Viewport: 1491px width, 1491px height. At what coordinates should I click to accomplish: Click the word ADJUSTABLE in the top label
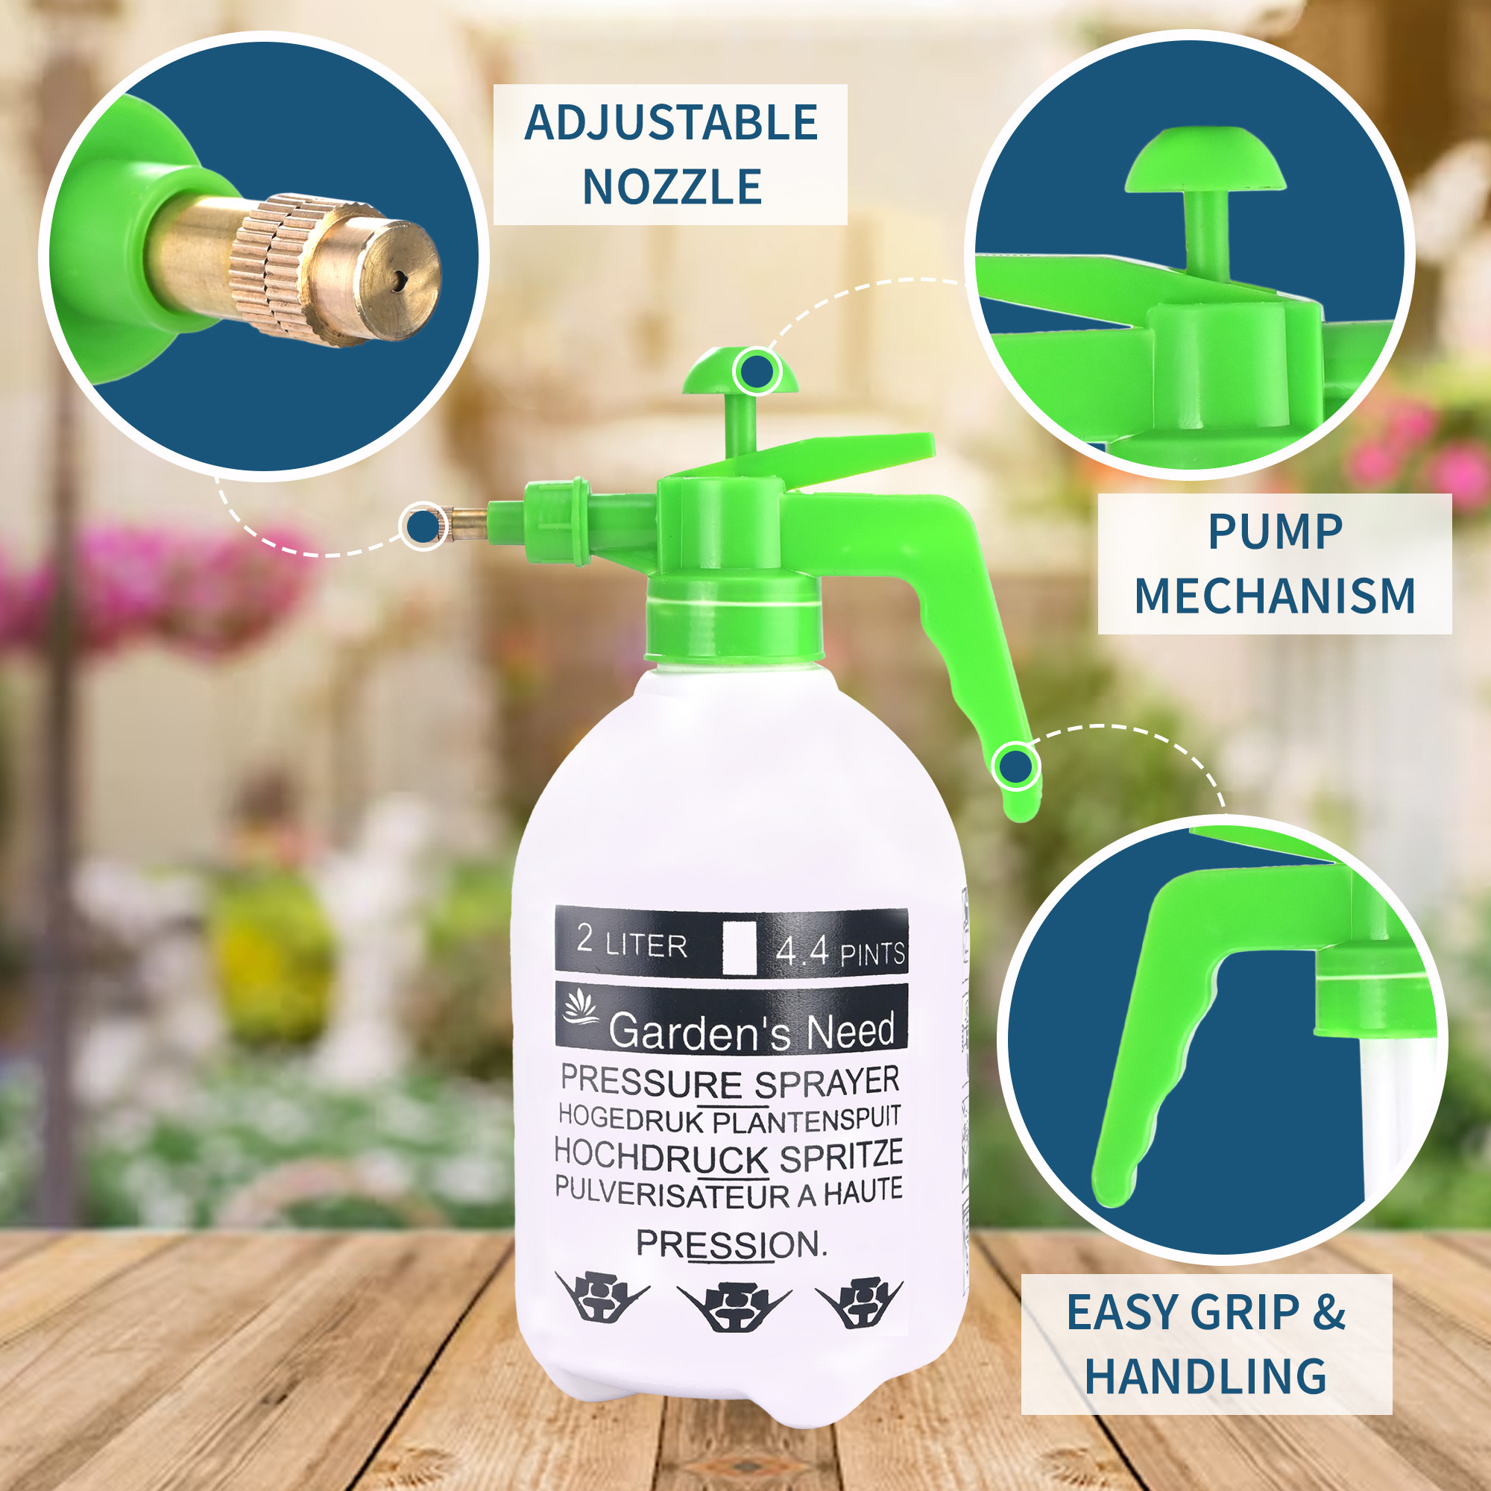(x=671, y=123)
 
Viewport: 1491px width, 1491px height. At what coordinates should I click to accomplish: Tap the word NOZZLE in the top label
(x=672, y=187)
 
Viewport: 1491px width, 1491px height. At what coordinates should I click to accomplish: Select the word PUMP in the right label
(x=1275, y=532)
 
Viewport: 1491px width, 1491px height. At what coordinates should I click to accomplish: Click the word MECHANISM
(x=1274, y=596)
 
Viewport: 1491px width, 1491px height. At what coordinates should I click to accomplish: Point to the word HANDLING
(x=1205, y=1376)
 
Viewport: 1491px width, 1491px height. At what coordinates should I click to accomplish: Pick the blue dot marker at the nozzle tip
(x=422, y=526)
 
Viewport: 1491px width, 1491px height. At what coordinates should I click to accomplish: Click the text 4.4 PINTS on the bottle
(x=839, y=951)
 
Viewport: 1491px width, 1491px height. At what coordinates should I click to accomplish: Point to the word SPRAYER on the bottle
(x=827, y=1082)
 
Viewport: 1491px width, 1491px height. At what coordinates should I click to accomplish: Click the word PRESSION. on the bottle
(x=730, y=1244)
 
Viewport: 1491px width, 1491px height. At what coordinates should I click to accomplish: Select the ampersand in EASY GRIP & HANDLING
(x=1328, y=1312)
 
